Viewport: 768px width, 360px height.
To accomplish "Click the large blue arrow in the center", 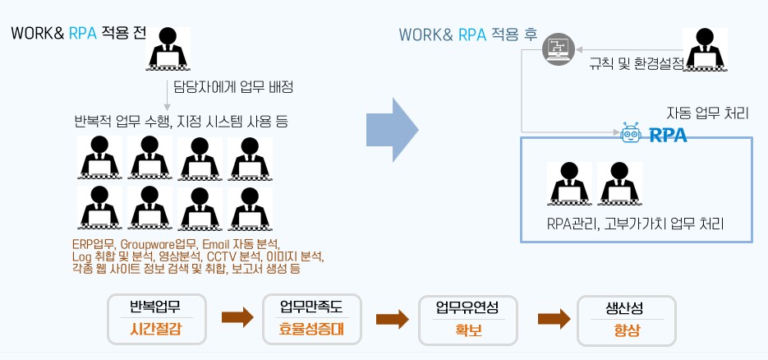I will (x=393, y=129).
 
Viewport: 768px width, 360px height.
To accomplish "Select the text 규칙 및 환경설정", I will (x=636, y=62).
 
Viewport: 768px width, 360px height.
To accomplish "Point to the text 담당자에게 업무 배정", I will (x=233, y=86).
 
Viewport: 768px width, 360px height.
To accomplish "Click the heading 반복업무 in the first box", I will (x=155, y=307).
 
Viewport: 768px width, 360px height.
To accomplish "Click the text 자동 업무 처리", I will (x=707, y=113).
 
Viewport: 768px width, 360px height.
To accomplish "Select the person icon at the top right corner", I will (x=706, y=49).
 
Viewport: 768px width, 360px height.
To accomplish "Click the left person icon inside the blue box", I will (x=569, y=184).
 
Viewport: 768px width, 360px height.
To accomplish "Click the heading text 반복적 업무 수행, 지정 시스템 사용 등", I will (x=181, y=121).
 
